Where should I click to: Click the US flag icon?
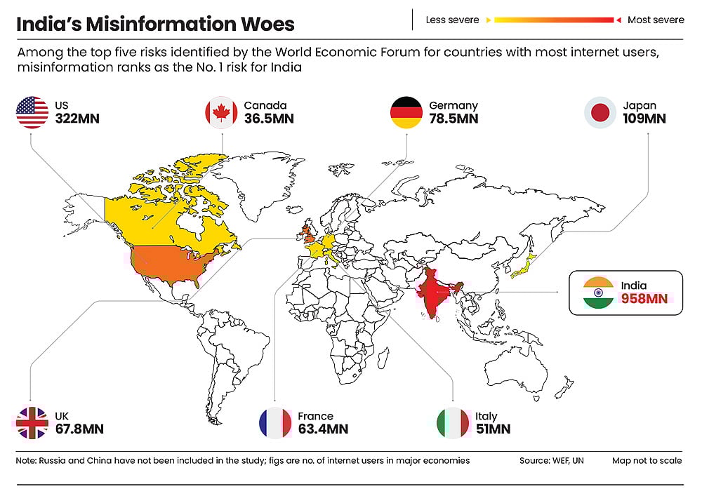[32, 112]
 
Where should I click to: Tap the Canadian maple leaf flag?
[221, 112]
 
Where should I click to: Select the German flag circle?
[406, 112]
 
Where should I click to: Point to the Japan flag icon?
[601, 112]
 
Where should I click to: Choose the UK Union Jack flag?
[32, 422]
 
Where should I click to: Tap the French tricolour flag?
[275, 422]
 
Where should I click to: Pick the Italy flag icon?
[452, 422]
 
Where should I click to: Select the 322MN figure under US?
[77, 119]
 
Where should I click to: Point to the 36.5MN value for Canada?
[269, 119]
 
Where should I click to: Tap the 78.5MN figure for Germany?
[453, 119]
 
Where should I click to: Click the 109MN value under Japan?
[644, 119]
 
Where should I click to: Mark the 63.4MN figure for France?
[322, 429]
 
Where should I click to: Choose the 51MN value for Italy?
[493, 429]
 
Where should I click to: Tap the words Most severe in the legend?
[656, 20]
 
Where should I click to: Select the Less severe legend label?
[452, 20]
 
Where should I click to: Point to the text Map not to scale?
[647, 461]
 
